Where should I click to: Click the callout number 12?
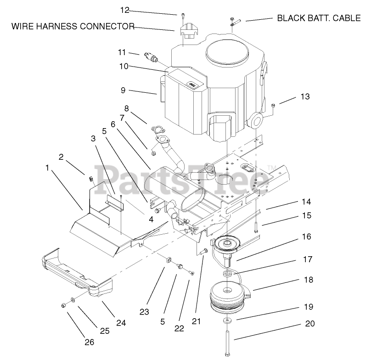pyautogui.click(x=125, y=10)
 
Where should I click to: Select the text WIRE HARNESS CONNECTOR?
pyautogui.click(x=73, y=26)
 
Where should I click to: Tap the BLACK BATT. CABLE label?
pyautogui.click(x=319, y=19)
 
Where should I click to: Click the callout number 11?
pyautogui.click(x=121, y=52)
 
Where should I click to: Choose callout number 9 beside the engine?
pyautogui.click(x=123, y=90)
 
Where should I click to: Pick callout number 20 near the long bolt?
pyautogui.click(x=310, y=323)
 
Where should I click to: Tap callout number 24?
pyautogui.click(x=120, y=323)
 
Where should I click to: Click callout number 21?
pyautogui.click(x=197, y=321)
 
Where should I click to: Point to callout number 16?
pyautogui.click(x=306, y=236)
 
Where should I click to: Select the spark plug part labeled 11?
pyautogui.click(x=152, y=58)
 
